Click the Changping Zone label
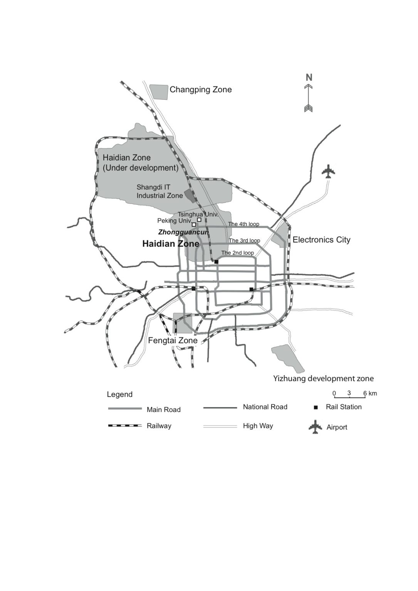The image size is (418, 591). click(x=201, y=90)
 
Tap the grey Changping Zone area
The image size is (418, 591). click(x=159, y=92)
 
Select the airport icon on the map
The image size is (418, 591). click(x=328, y=171)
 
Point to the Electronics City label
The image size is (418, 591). click(x=321, y=240)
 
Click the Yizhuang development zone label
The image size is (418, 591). click(x=323, y=379)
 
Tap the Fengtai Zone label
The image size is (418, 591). click(x=173, y=341)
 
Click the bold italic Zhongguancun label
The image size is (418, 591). click(x=183, y=232)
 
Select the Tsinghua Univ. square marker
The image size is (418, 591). click(x=199, y=220)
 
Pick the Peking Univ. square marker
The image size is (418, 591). click(x=194, y=225)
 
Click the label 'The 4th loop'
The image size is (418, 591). click(x=243, y=224)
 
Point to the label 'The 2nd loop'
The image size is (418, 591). click(x=238, y=253)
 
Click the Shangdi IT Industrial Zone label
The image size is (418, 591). click(x=159, y=191)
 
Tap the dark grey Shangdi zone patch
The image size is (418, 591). click(x=190, y=195)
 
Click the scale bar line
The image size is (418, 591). click(x=349, y=397)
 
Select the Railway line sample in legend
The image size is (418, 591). click(x=125, y=426)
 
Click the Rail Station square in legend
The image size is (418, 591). click(x=316, y=407)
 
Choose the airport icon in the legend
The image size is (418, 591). click(x=316, y=427)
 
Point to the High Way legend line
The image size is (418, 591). click(x=220, y=426)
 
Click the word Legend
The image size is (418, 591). click(x=120, y=395)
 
